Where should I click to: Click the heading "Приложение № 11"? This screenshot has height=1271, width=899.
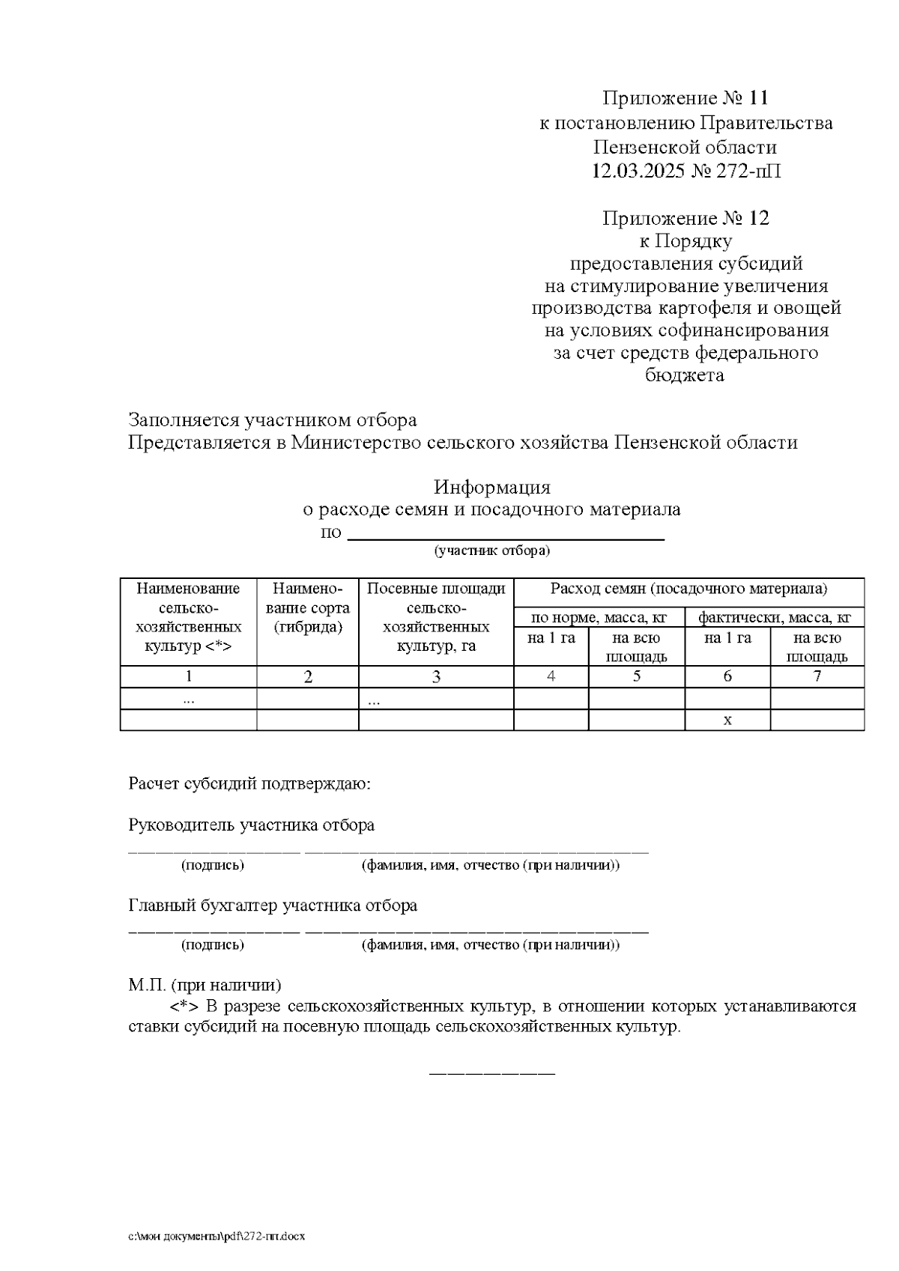(685, 98)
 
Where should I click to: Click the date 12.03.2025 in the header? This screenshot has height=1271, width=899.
(638, 172)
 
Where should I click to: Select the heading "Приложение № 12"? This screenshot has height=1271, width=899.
(685, 218)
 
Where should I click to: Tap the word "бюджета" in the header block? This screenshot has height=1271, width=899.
(685, 374)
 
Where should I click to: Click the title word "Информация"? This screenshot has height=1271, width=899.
(492, 487)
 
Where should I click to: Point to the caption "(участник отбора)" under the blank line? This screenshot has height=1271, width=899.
(492, 551)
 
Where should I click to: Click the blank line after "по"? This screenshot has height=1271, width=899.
(506, 535)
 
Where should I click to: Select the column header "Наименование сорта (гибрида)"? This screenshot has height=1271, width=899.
(308, 608)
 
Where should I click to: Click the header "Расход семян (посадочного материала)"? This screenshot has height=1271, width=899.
(688, 589)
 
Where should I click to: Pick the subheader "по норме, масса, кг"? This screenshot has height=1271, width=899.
(599, 618)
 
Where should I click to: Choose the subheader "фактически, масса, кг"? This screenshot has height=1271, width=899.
(775, 618)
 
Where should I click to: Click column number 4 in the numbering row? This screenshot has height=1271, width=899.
(551, 676)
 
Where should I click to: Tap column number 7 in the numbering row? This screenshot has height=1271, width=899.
(817, 676)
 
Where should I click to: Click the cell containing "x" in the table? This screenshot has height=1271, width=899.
(727, 720)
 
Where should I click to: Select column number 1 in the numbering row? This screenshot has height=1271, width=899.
(189, 676)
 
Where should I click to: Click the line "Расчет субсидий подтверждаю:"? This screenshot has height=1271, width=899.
(250, 784)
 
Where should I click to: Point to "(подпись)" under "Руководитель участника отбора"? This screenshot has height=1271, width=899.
(213, 865)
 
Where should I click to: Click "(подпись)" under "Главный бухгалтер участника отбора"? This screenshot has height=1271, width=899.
(213, 944)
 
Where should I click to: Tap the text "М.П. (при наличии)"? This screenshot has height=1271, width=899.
(205, 984)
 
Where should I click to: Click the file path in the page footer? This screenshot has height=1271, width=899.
(217, 1236)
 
